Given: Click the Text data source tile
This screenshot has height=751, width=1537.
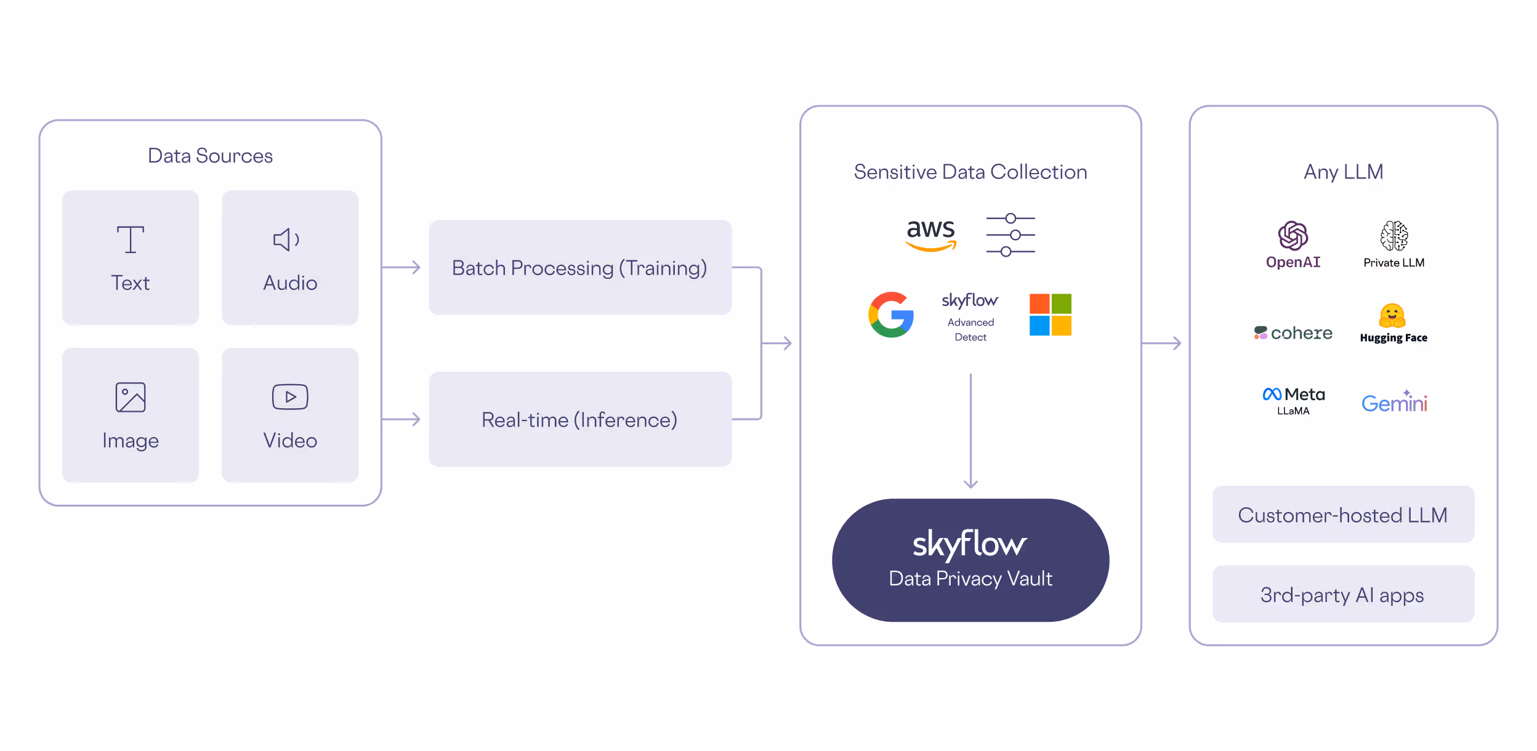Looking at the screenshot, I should click(x=130, y=257).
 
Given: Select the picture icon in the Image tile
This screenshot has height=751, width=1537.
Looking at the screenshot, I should click(x=131, y=397).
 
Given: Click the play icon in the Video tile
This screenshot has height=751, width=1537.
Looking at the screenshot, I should click(x=290, y=397).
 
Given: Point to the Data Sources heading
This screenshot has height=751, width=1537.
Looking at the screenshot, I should click(x=210, y=156).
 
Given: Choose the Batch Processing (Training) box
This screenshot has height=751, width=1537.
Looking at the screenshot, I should click(x=579, y=268).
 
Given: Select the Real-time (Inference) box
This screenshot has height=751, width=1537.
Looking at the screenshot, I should click(x=579, y=420).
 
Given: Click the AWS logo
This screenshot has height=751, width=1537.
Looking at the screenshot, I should click(x=930, y=235).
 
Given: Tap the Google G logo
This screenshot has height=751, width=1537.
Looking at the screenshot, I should click(x=891, y=315).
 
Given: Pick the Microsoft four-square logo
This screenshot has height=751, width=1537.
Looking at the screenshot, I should click(x=1050, y=315).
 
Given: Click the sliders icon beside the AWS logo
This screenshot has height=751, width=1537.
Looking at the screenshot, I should click(x=1010, y=235).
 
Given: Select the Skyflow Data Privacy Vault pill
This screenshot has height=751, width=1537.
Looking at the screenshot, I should click(x=970, y=560).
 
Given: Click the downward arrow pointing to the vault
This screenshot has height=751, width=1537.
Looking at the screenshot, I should click(x=970, y=431).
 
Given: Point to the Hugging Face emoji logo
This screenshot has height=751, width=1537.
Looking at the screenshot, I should click(x=1392, y=316).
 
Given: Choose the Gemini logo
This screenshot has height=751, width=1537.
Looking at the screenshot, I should click(x=1394, y=402).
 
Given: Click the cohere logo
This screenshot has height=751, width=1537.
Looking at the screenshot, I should click(x=1293, y=333).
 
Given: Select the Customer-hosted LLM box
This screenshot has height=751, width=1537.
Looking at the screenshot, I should click(x=1342, y=515).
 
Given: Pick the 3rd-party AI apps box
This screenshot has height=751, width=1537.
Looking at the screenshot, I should click(x=1342, y=595).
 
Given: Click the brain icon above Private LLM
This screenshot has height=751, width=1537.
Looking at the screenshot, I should click(x=1394, y=236).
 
